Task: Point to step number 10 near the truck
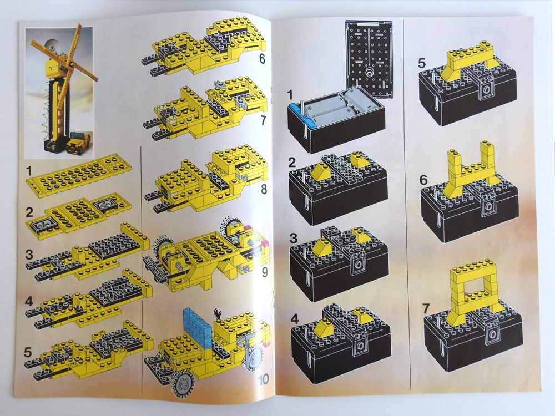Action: pos(264,381)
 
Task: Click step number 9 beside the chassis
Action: pos(264,273)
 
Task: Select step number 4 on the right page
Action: pos(295,321)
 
